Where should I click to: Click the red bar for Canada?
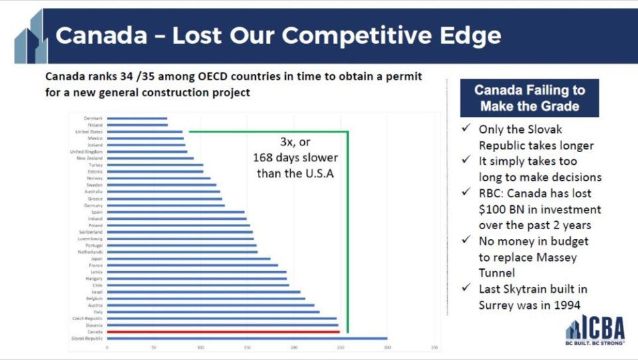pos(223,331)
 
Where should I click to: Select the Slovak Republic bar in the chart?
pos(247,338)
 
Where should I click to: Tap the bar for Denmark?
pos(137,119)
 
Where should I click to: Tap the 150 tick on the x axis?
pos(247,347)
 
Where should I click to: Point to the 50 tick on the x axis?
pos(154,347)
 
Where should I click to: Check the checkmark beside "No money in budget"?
pos(467,241)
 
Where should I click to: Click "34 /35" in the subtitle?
pos(148,76)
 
